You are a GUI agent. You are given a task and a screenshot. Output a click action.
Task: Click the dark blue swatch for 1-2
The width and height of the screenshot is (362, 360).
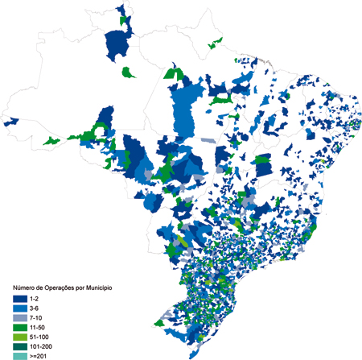coord(20,298)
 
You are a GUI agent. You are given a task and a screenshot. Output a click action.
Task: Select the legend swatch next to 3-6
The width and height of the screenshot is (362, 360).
coord(20,308)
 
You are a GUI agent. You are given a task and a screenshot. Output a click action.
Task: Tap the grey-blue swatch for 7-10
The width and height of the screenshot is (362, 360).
coord(20,317)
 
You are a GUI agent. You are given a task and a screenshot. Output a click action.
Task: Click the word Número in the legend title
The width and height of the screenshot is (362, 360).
coord(23,288)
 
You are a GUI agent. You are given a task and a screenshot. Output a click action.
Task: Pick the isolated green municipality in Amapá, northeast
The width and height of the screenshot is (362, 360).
coord(215,43)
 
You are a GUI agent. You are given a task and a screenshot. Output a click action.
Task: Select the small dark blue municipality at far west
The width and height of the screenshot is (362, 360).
coord(12,122)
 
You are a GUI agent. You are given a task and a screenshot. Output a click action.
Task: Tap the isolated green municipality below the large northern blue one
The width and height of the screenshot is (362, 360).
coord(127,72)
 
